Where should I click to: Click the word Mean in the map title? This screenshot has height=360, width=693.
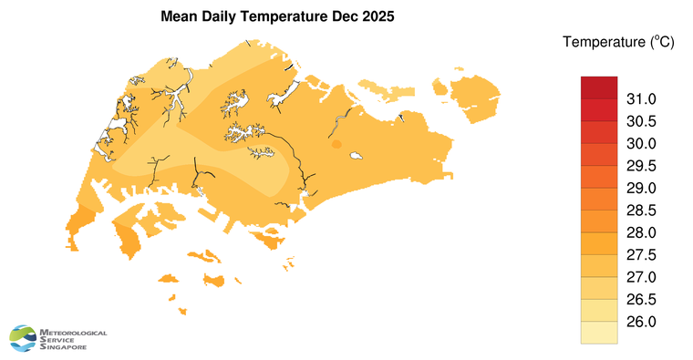coord(180,17)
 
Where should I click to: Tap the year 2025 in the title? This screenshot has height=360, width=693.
coord(377,17)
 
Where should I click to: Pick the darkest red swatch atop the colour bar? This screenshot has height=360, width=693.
coord(599,87)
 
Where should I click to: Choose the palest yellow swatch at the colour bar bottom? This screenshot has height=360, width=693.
coord(599,333)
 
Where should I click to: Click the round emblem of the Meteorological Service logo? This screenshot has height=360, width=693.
coord(25,339)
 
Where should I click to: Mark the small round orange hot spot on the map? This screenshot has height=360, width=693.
coord(336,144)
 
